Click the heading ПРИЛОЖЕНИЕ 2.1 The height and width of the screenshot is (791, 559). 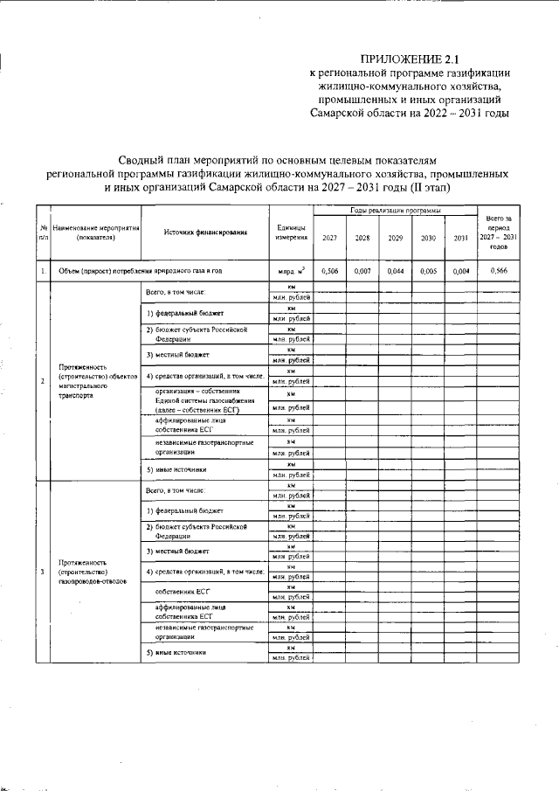pyautogui.click(x=410, y=59)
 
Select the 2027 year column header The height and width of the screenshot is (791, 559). pyautogui.click(x=329, y=238)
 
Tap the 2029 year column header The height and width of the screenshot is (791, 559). pyautogui.click(x=395, y=238)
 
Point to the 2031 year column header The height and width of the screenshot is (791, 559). pyautogui.click(x=461, y=238)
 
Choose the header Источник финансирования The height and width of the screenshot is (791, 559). pyautogui.click(x=204, y=232)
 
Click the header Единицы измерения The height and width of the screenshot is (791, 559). pyautogui.click(x=290, y=232)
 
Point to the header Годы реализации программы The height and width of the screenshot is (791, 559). pyautogui.click(x=395, y=212)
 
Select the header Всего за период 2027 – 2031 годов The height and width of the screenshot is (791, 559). pyautogui.click(x=499, y=232)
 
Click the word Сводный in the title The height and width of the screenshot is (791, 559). pyautogui.click(x=145, y=161)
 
